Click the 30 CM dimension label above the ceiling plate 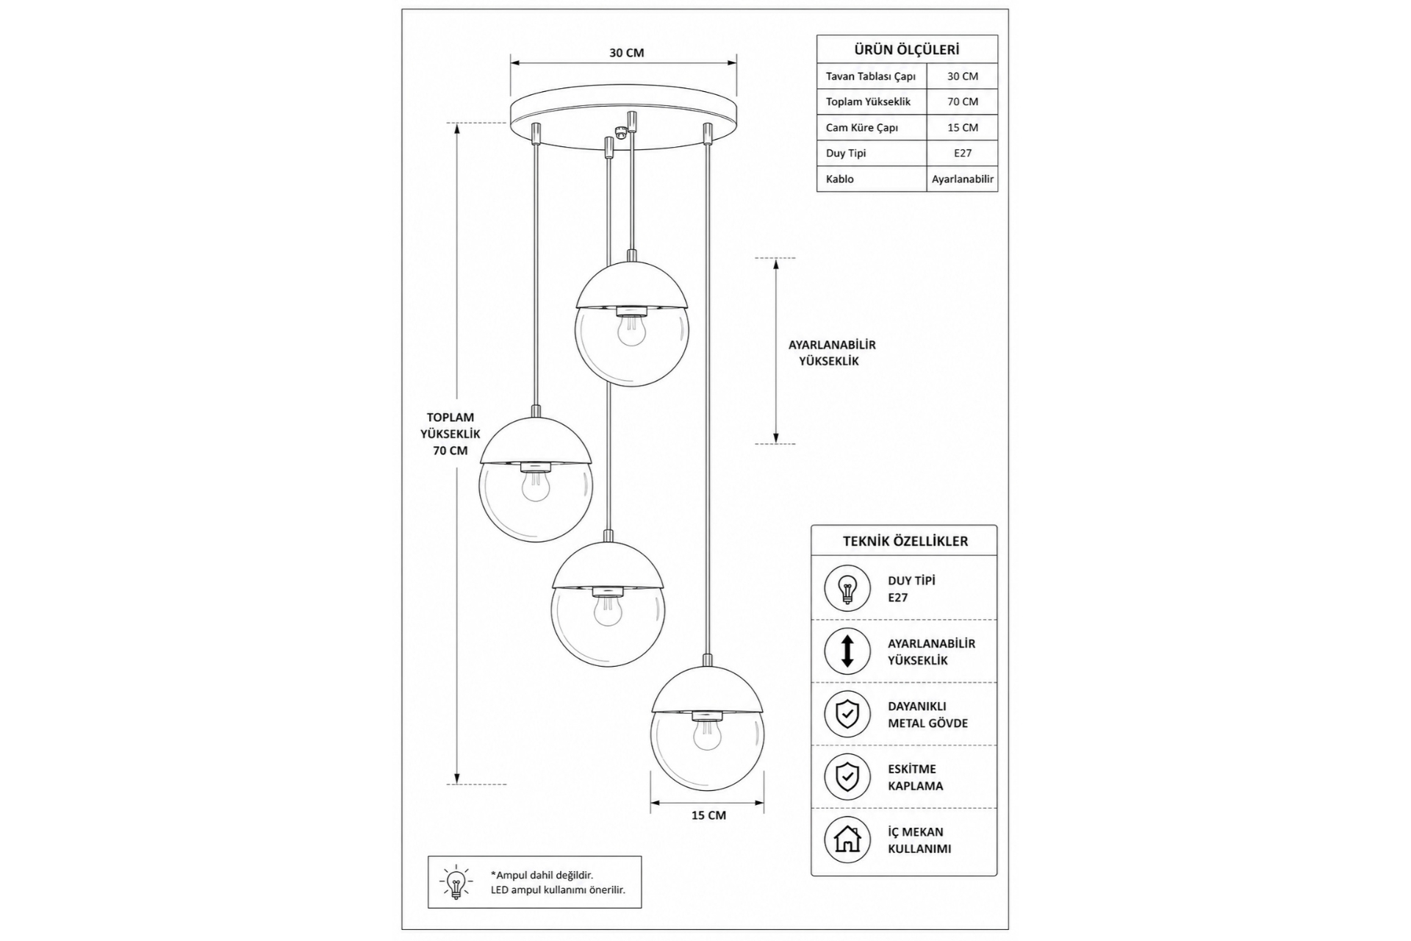click(x=626, y=53)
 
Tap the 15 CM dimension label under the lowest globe click(x=708, y=815)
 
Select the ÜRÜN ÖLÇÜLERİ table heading click(x=907, y=50)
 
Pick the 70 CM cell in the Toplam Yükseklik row click(x=963, y=101)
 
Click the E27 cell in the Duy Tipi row click(x=963, y=153)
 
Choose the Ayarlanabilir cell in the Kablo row click(x=963, y=179)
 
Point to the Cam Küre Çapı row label click(x=862, y=127)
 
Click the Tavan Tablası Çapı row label click(x=871, y=76)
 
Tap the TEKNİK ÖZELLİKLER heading click(x=905, y=541)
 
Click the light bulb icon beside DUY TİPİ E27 click(x=847, y=588)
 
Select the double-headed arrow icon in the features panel click(x=847, y=651)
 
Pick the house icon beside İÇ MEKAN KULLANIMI click(x=847, y=840)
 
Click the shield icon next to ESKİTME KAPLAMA click(x=847, y=777)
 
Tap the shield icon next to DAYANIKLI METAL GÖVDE click(x=847, y=714)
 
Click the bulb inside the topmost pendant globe click(x=631, y=329)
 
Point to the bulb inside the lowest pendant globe click(x=707, y=733)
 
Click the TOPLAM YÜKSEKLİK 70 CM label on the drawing click(x=450, y=434)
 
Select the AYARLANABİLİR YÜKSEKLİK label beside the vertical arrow click(x=832, y=353)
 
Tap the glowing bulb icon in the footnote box click(x=456, y=881)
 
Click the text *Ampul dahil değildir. click(x=542, y=875)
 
